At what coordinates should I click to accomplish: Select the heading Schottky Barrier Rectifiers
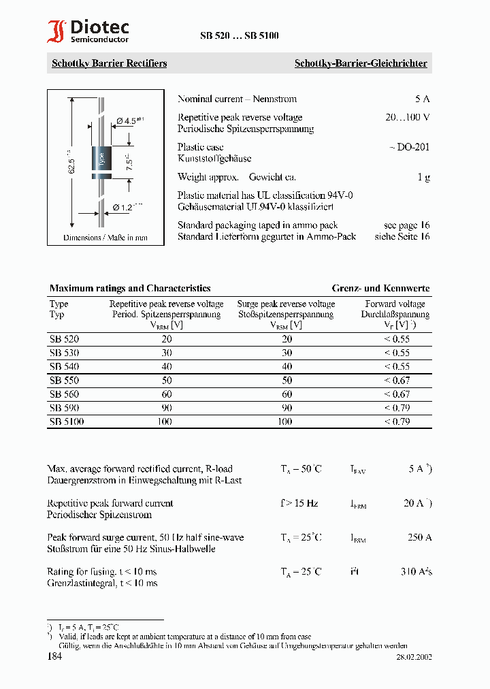tap(109, 63)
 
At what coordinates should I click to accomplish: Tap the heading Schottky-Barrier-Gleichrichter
tap(360, 63)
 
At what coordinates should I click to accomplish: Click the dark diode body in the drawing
tap(101, 161)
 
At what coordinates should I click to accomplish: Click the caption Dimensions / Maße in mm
tap(105, 238)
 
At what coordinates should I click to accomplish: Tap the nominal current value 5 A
tap(422, 99)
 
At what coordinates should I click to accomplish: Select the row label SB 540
tap(64, 366)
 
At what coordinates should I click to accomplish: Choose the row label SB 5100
tap(67, 421)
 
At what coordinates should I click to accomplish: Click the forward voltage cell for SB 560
tap(396, 394)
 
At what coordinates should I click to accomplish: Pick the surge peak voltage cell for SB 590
tap(287, 408)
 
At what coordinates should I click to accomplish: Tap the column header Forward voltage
tap(395, 304)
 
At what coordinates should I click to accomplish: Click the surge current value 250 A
tap(419, 537)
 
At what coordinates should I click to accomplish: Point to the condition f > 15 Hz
tap(299, 503)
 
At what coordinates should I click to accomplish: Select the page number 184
tap(55, 656)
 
